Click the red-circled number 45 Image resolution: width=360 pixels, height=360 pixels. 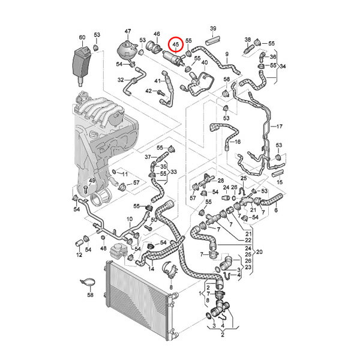(x=176, y=44)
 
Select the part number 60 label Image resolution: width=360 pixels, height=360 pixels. (x=82, y=37)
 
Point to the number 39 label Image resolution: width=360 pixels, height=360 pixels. (x=213, y=28)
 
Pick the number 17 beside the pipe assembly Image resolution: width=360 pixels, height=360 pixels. (x=280, y=126)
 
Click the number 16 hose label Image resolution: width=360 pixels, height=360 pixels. (x=238, y=142)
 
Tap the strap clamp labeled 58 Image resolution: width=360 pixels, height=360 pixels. (x=88, y=282)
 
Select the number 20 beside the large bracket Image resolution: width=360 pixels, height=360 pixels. (x=259, y=252)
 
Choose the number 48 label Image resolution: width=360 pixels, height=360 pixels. (x=103, y=248)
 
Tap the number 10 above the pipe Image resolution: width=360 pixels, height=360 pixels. (x=130, y=219)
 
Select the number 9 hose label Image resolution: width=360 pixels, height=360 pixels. (x=227, y=54)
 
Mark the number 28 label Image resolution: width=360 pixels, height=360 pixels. (x=221, y=180)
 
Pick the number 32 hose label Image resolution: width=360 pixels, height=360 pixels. (x=121, y=80)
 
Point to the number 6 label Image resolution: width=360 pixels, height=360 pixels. (x=276, y=210)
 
